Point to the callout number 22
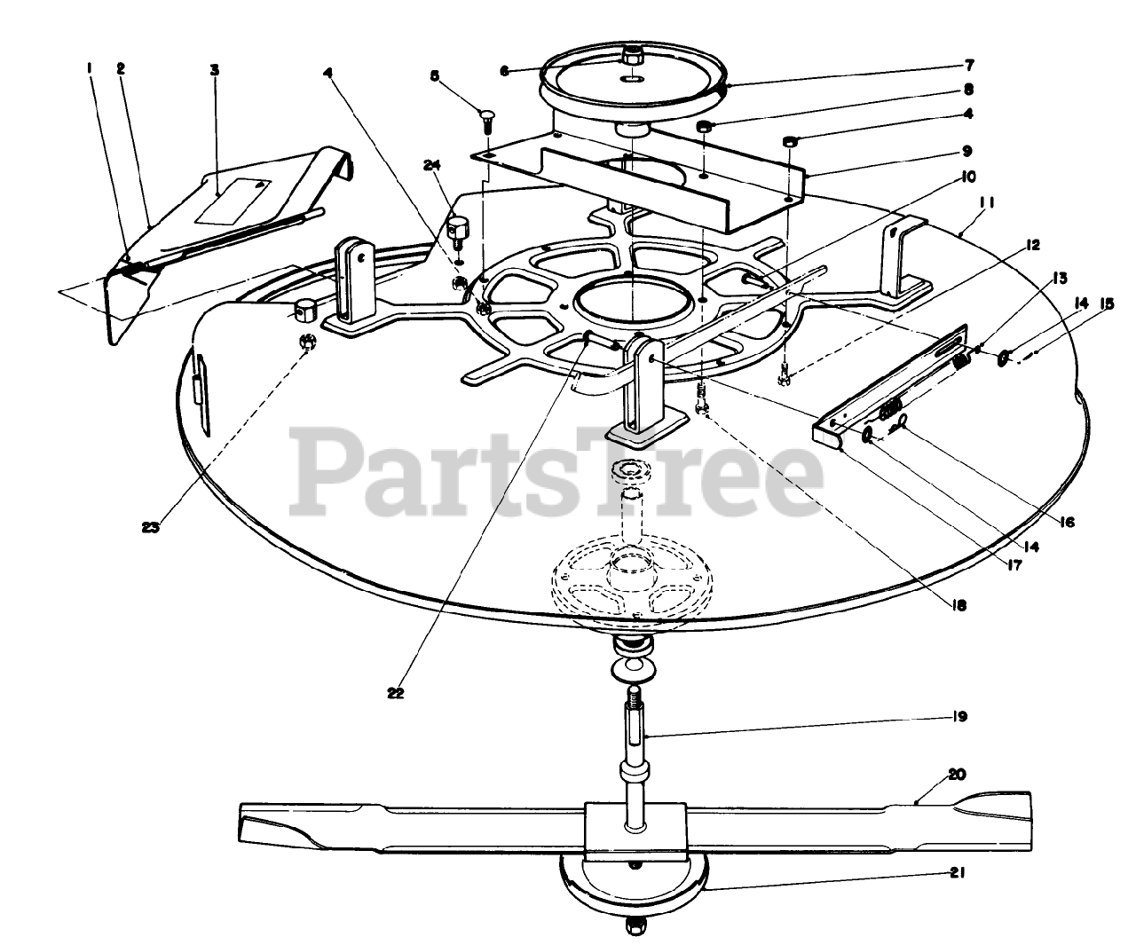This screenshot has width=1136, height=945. tap(396, 693)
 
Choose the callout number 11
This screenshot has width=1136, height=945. tap(990, 203)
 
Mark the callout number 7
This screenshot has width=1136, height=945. tap(969, 65)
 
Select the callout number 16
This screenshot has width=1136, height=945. tap(1066, 523)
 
